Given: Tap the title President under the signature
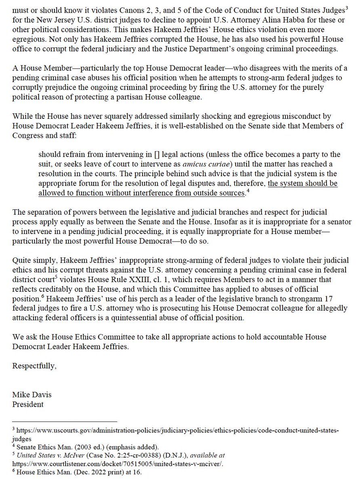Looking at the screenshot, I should click(28, 405).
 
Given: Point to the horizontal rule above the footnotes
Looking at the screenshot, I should click(64, 421).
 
